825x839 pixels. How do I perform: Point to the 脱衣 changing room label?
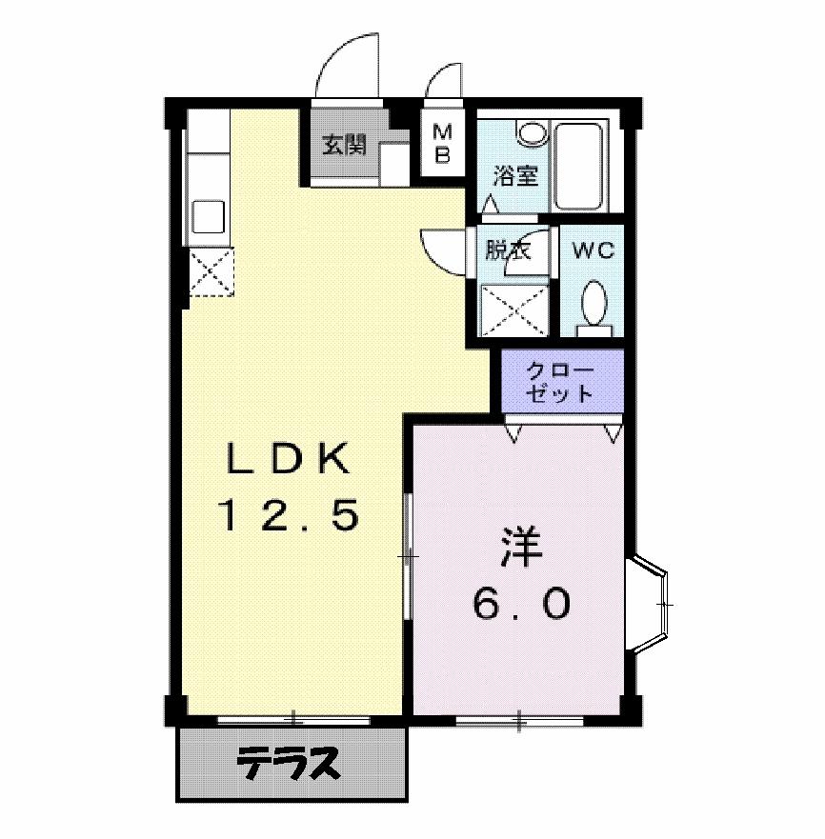click(x=506, y=250)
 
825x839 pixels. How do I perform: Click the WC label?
click(x=593, y=250)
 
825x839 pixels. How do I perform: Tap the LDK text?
click(x=288, y=460)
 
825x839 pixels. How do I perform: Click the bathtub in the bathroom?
click(x=579, y=166)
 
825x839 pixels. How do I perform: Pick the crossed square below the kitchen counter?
click(x=211, y=272)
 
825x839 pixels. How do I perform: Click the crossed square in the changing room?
click(x=514, y=310)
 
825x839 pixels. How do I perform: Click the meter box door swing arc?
click(x=443, y=82)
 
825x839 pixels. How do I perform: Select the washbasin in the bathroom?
click(x=532, y=130)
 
